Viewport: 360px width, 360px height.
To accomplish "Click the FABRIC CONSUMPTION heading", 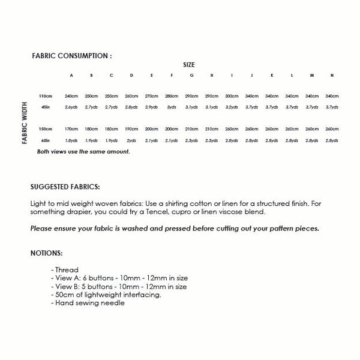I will click(71, 55).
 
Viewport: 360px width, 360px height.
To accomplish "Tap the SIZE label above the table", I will click(188, 64).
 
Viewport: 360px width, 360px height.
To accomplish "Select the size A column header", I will click(71, 76).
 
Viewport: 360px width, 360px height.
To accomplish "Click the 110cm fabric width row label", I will click(46, 96).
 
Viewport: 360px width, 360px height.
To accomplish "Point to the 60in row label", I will click(46, 140).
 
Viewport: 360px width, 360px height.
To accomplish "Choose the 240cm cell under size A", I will click(71, 96).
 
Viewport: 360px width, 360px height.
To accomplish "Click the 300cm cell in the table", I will click(231, 96).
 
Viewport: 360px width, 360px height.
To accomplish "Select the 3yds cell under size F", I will click(172, 107).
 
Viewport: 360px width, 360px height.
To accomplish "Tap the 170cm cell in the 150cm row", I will click(71, 129).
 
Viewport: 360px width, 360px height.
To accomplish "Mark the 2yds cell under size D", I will click(131, 140).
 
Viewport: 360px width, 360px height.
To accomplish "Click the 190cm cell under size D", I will click(131, 129).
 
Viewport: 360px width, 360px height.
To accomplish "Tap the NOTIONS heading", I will click(46, 253).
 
